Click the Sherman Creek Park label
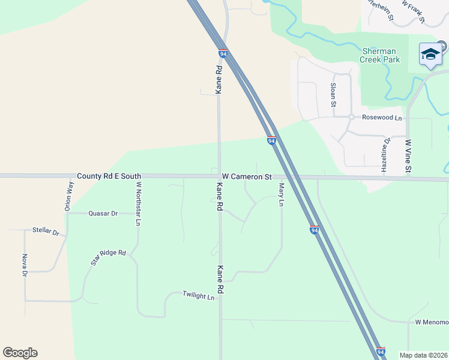(380, 55)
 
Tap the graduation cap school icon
(430, 54)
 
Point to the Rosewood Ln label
(382, 118)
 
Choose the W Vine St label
(408, 157)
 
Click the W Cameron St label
(247, 177)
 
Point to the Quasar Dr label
(103, 213)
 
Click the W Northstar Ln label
(138, 203)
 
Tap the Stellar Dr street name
(46, 232)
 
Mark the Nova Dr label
(25, 265)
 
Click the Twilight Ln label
(198, 296)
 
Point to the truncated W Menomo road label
(432, 322)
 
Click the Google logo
(20, 353)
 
